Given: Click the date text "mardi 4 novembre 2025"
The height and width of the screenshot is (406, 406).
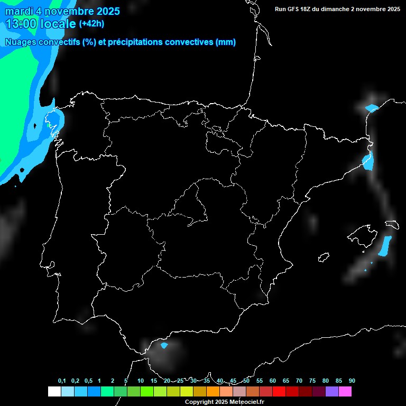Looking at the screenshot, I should pyautogui.click(x=62, y=11).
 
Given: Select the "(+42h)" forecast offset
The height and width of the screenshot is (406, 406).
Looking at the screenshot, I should pyautogui.click(x=92, y=23).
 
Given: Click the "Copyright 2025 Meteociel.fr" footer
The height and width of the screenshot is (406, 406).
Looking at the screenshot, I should pyautogui.click(x=224, y=402).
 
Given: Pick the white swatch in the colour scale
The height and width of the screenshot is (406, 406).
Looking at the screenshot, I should pyautogui.click(x=54, y=391).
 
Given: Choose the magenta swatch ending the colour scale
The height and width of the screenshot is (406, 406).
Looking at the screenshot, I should pyautogui.click(x=345, y=391).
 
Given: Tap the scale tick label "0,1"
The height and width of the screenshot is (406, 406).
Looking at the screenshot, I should pyautogui.click(x=62, y=381).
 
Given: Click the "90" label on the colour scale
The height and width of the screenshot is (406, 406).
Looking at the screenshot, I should pyautogui.click(x=352, y=381).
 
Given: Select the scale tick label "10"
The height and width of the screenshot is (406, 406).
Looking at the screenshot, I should pyautogui.click(x=140, y=381).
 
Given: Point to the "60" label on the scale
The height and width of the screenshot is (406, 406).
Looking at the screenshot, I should pyautogui.click(x=273, y=381).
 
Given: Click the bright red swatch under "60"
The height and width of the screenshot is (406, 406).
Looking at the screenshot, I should pyautogui.click(x=279, y=391).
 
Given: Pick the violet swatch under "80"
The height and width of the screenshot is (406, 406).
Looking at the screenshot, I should pyautogui.click(x=332, y=391).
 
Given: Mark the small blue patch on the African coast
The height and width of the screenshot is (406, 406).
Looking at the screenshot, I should pyautogui.click(x=164, y=346).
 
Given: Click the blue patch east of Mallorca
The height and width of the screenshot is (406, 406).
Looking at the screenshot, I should pyautogui.click(x=385, y=245).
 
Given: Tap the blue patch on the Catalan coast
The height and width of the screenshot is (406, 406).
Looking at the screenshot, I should pyautogui.click(x=368, y=161).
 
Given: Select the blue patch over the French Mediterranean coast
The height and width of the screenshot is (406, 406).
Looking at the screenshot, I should pyautogui.click(x=372, y=108).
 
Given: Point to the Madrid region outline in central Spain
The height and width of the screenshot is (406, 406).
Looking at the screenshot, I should pyautogui.click(x=193, y=204).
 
